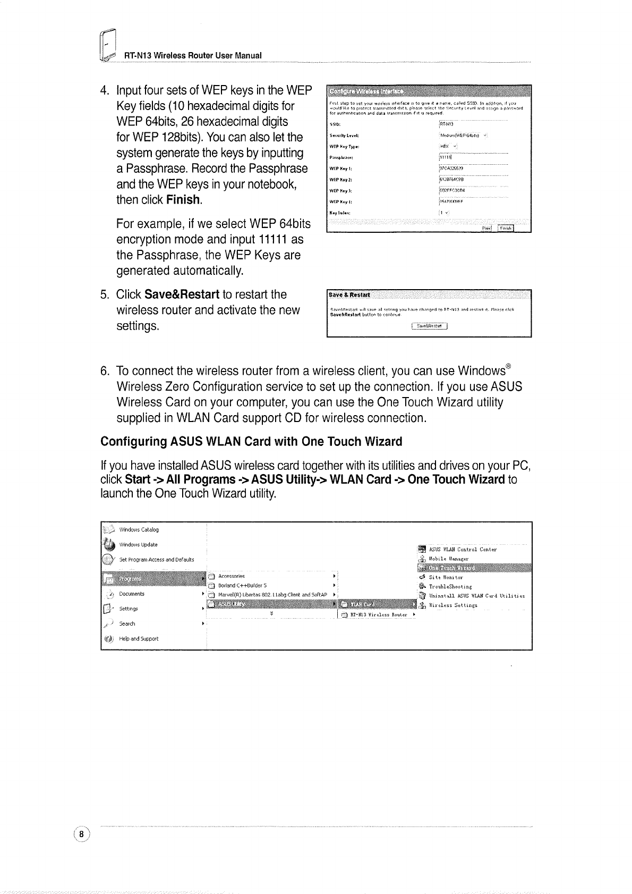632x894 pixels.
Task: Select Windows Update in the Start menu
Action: (x=138, y=545)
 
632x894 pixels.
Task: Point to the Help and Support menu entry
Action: (x=139, y=639)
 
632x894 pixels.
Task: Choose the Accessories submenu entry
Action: (x=232, y=576)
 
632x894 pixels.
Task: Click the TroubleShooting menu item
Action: (x=450, y=587)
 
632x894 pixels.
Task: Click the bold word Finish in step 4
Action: (x=184, y=200)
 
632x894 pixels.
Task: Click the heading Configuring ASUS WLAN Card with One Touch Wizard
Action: (x=251, y=442)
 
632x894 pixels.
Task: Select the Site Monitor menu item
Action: (x=446, y=577)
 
